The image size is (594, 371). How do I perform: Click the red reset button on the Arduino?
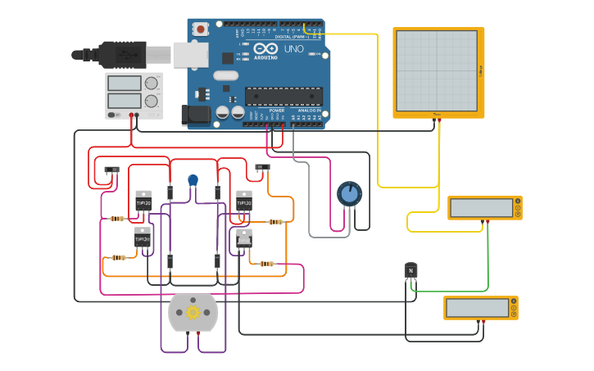point(201,29)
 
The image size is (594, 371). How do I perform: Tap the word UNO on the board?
point(294,49)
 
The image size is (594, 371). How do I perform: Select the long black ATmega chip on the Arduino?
point(283,96)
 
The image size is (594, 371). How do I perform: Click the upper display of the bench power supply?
point(125,84)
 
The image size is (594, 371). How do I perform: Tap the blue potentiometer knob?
point(349,193)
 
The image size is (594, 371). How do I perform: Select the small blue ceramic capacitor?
point(193,180)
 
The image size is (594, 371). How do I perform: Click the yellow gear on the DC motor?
point(193,312)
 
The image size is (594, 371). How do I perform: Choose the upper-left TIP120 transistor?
point(143,201)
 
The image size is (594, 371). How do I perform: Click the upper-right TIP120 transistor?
point(244,201)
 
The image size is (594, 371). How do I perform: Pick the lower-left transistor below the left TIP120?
point(143,238)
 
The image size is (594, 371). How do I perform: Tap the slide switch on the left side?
point(113,170)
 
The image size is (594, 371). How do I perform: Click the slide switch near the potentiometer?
point(262,167)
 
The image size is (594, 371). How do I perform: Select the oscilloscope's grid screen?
point(436,70)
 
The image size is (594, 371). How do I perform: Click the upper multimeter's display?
point(481,208)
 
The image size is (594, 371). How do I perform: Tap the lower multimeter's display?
point(478,308)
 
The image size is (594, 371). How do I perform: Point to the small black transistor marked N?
point(411,270)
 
